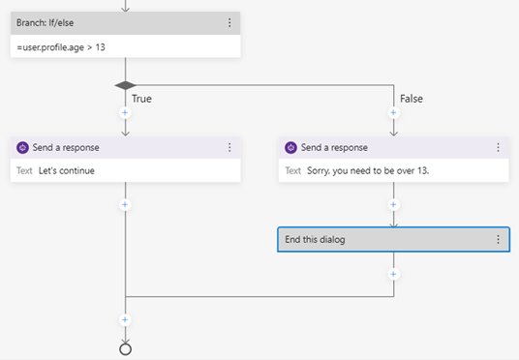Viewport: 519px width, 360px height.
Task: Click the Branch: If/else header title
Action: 45,23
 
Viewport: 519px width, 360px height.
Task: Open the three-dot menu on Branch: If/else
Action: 229,23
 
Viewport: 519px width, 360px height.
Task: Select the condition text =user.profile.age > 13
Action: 61,47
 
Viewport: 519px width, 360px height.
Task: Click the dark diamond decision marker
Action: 125,85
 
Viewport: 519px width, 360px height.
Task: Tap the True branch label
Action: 141,99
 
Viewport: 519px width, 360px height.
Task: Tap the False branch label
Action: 412,99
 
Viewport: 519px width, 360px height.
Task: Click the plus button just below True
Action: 125,113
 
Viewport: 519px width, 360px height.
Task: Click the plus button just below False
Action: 393,113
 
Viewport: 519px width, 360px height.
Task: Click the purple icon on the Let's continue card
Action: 22,147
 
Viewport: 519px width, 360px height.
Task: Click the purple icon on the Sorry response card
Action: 290,147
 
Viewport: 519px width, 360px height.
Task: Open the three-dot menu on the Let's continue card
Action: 229,147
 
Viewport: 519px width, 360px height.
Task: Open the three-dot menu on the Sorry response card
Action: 498,147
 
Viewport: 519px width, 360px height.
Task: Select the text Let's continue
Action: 67,170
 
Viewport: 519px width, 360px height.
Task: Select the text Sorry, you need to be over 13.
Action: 368,170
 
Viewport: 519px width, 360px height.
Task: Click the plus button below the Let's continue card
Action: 125,205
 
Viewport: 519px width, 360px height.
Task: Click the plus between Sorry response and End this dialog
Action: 393,205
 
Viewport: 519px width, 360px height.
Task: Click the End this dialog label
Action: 315,240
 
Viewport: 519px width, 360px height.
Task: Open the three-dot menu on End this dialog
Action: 498,240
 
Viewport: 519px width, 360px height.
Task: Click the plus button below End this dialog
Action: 393,274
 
